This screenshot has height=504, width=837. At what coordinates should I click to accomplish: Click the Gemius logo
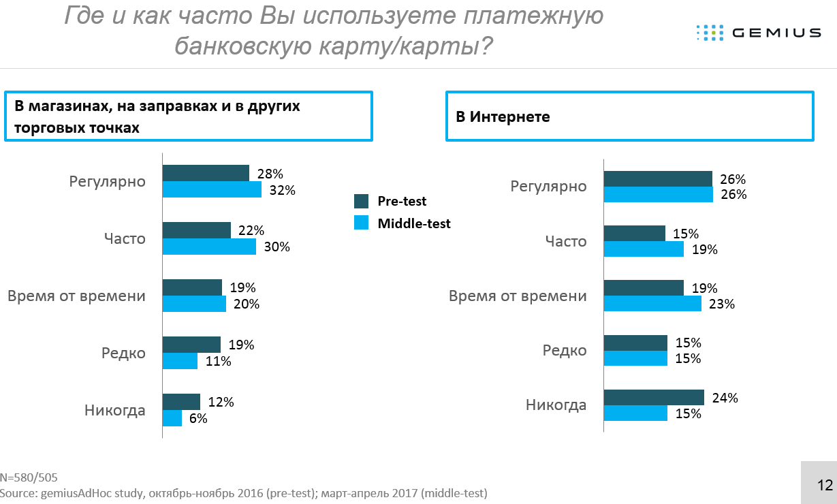(x=758, y=32)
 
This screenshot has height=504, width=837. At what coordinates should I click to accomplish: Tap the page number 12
(x=825, y=485)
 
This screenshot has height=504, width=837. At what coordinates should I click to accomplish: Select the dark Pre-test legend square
(x=361, y=201)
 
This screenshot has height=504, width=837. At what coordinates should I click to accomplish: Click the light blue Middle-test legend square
(x=361, y=223)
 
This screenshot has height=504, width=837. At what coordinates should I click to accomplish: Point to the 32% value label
(x=282, y=190)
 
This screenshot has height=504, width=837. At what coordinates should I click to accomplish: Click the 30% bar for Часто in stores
(x=209, y=247)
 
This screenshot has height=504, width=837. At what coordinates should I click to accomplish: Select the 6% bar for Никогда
(x=172, y=418)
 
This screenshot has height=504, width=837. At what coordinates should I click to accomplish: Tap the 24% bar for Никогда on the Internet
(x=654, y=398)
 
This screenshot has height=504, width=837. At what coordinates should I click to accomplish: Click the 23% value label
(x=721, y=304)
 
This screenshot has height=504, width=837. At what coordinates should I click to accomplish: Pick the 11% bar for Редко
(x=180, y=361)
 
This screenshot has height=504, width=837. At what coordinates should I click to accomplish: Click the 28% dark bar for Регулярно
(x=206, y=173)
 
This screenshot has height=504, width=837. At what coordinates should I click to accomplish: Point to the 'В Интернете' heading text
(x=503, y=117)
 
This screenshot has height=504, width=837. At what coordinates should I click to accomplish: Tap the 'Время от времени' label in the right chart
(x=518, y=296)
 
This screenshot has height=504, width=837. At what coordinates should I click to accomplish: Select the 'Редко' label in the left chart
(x=123, y=353)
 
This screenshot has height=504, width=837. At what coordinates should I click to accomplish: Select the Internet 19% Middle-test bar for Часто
(x=644, y=249)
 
